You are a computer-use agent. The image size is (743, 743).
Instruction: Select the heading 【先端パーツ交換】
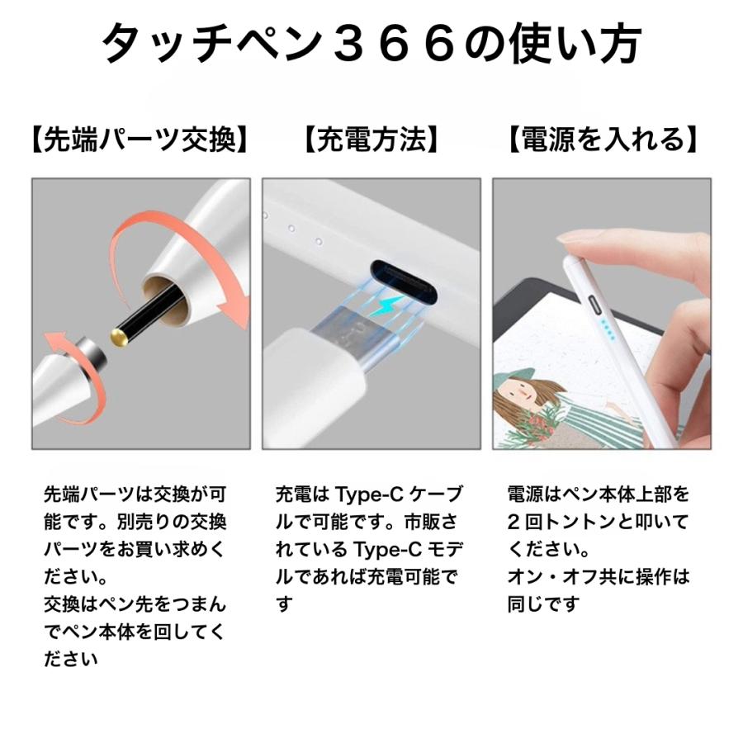(x=140, y=140)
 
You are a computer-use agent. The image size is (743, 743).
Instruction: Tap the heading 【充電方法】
(x=371, y=140)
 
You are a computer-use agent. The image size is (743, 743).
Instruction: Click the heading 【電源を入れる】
(x=602, y=140)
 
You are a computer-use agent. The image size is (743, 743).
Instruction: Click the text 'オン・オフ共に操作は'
(x=598, y=576)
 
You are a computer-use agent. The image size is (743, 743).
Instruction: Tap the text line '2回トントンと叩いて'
(x=598, y=522)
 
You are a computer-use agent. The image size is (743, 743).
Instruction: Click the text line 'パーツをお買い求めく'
(x=133, y=549)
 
